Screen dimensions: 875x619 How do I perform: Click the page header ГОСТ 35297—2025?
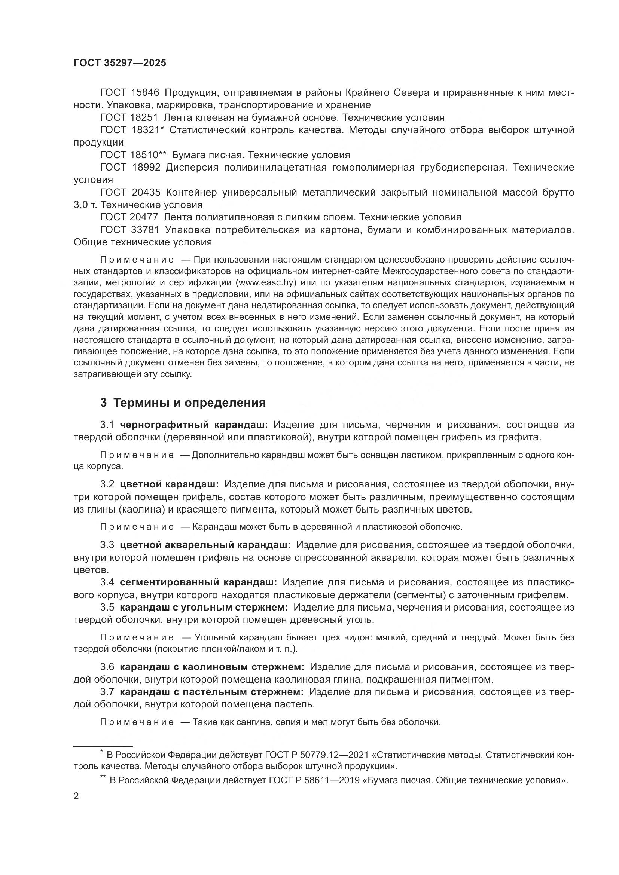pos(120,63)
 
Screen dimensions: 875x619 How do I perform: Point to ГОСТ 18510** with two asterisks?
pos(133,155)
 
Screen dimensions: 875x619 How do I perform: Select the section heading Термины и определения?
pos(189,403)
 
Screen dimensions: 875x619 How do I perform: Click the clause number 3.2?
pos(107,484)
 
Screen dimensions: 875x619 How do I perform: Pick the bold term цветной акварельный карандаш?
pos(205,545)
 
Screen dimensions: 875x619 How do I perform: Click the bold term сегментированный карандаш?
pos(199,582)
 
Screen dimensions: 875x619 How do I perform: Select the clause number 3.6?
pos(107,667)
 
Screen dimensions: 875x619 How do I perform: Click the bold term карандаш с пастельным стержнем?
pos(211,692)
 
